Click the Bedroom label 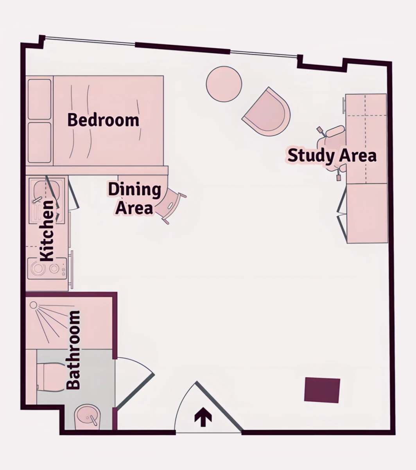point(103,120)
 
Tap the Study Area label point(332,155)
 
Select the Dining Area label point(134,199)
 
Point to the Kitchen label point(47,231)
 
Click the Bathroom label point(73,350)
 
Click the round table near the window point(224,84)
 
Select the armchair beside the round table point(267,112)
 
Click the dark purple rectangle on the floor point(322,390)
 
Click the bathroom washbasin point(87,417)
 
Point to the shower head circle point(33,305)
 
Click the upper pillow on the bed point(39,99)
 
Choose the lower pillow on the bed point(39,143)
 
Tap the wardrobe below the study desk point(367,213)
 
